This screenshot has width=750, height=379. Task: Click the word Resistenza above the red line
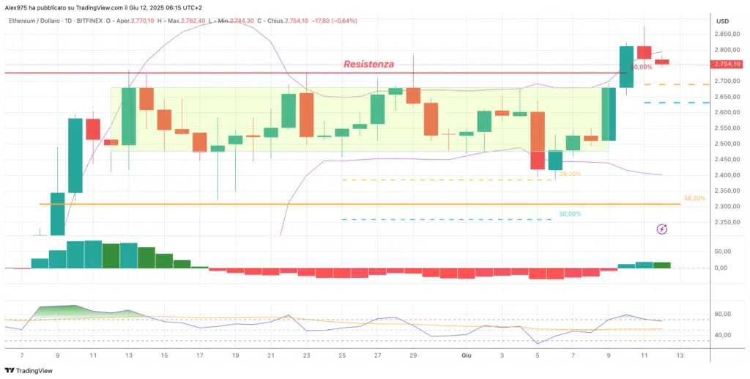coord(368,65)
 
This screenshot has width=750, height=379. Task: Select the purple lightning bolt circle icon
coord(662,229)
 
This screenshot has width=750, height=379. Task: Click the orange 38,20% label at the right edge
coord(694,198)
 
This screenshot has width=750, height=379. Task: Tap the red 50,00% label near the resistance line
coord(641,67)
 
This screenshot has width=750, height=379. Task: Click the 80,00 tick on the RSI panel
coord(724,314)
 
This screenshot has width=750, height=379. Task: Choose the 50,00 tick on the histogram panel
coord(724,251)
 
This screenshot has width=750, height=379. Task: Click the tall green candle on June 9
coord(609,114)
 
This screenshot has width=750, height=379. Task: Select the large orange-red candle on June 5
coord(538,139)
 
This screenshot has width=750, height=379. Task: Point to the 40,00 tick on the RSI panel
coord(724,335)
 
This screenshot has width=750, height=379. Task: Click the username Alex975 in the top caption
coord(16,6)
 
